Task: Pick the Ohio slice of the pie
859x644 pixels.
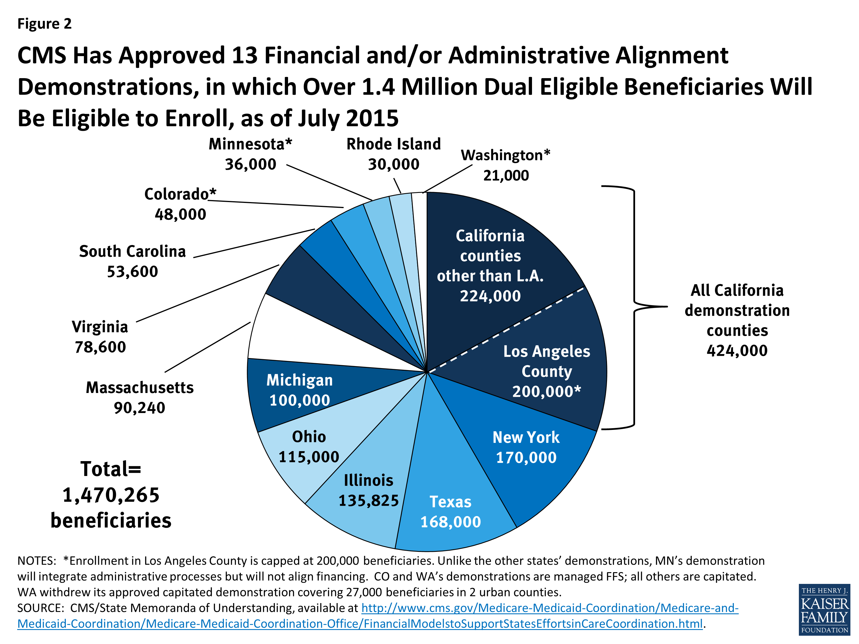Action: pyautogui.click(x=309, y=447)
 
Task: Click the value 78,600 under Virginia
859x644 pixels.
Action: pyautogui.click(x=100, y=347)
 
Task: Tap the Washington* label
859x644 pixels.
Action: pyautogui.click(x=505, y=155)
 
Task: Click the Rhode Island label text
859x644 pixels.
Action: pyautogui.click(x=393, y=144)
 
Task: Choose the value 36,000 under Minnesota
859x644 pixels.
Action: pyautogui.click(x=251, y=164)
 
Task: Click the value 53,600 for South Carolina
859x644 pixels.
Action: pyautogui.click(x=132, y=272)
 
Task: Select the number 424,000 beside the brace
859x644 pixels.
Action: pyautogui.click(x=737, y=351)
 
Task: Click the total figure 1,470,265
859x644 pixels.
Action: pyautogui.click(x=111, y=495)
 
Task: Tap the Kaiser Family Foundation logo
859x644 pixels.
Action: pyautogui.click(x=824, y=609)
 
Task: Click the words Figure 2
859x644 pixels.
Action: pyautogui.click(x=44, y=24)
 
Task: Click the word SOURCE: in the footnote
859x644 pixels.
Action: pyautogui.click(x=40, y=608)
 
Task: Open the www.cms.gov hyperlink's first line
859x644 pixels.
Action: pyautogui.click(x=549, y=608)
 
